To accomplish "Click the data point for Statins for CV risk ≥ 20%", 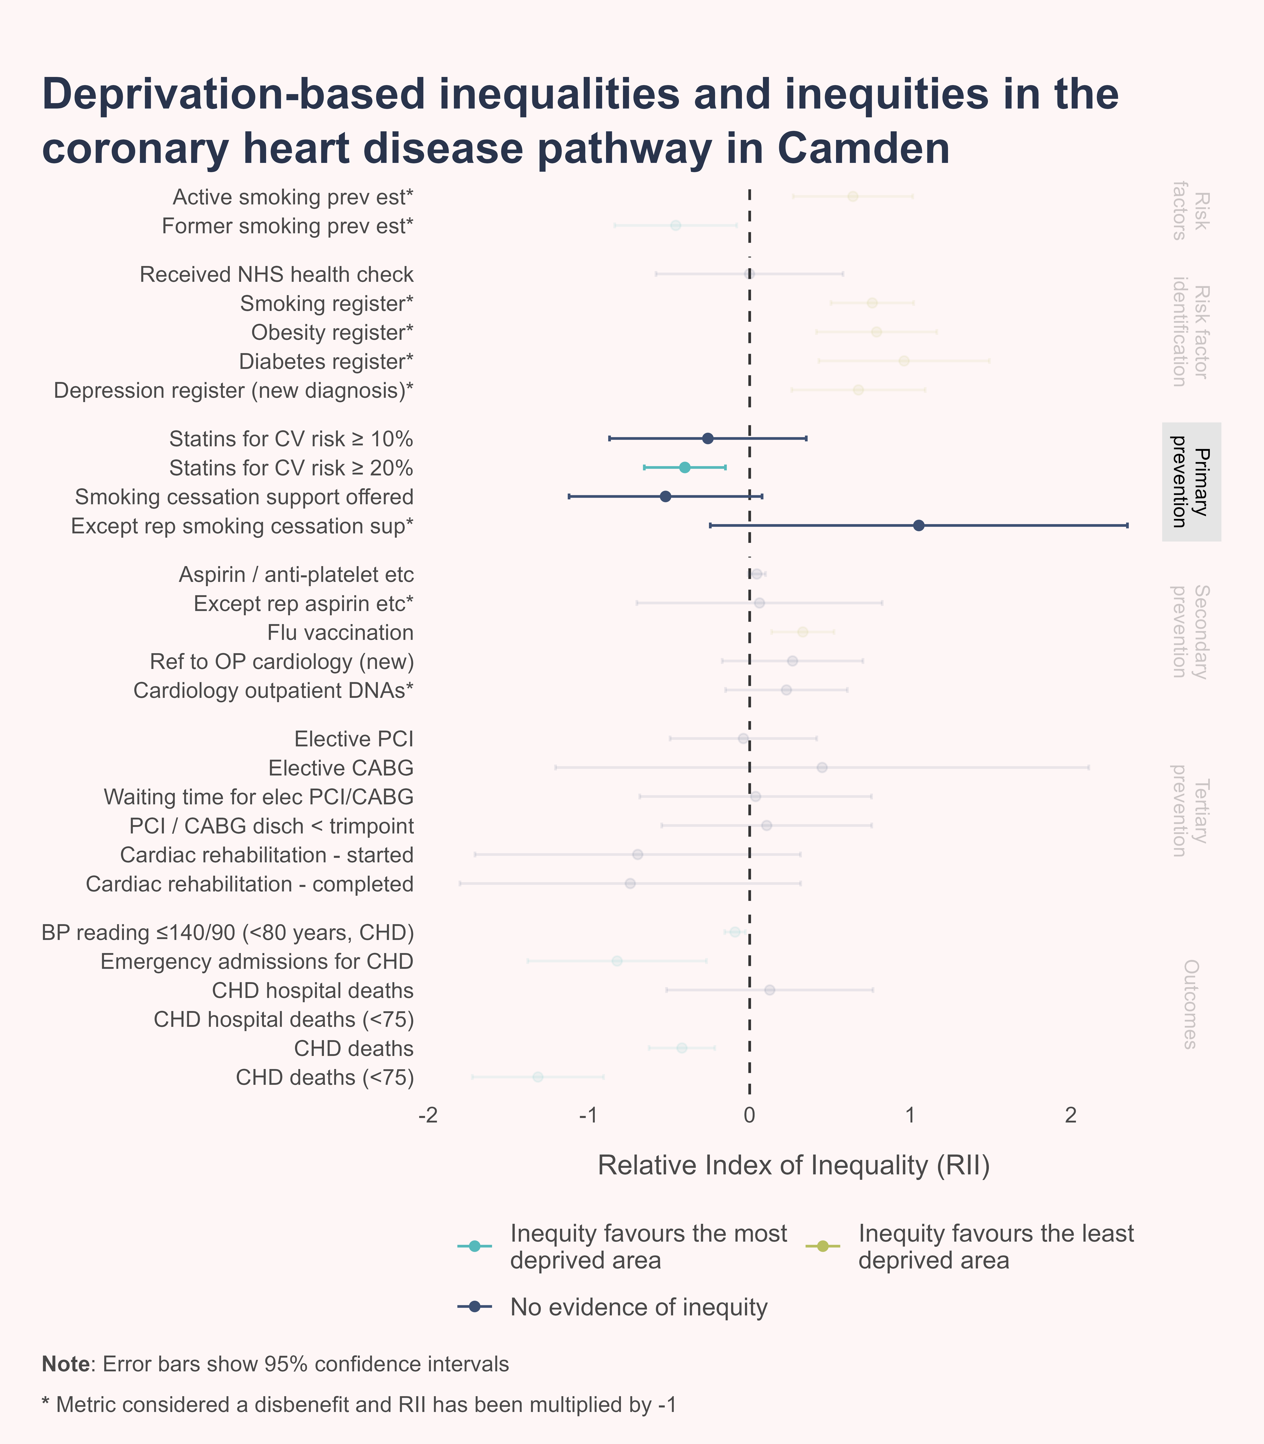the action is tap(684, 467).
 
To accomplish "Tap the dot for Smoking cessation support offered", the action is tap(665, 496).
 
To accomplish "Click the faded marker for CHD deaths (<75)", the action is tap(537, 1077).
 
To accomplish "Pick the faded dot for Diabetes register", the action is tap(904, 361).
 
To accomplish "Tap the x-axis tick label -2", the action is tap(428, 1115).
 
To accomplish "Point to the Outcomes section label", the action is tap(1190, 1004).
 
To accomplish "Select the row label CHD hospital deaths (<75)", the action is tap(283, 1020).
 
